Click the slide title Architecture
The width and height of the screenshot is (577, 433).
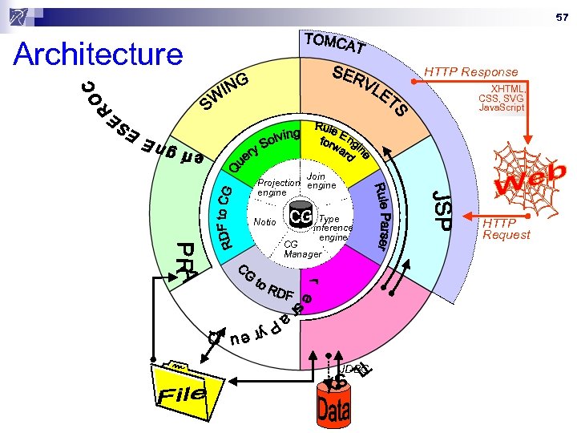[99, 55]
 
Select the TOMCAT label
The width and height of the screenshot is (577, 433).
[336, 43]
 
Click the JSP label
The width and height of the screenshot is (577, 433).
[442, 209]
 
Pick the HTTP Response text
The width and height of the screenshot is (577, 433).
[471, 71]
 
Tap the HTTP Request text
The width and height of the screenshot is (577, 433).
[506, 228]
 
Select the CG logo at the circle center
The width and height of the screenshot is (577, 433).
[301, 217]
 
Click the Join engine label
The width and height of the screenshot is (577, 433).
[321, 180]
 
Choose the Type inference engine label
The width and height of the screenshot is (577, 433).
[332, 228]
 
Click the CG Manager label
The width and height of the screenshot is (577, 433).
[302, 249]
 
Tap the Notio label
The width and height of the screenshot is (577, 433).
[264, 221]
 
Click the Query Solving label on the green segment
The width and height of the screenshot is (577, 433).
[264, 148]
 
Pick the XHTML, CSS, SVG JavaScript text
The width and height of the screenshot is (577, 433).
[502, 98]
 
